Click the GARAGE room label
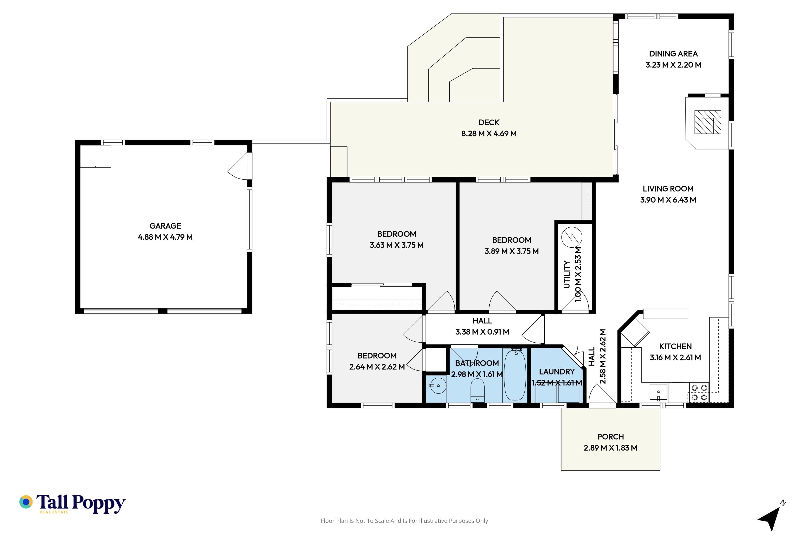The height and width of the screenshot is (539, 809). click(165, 226)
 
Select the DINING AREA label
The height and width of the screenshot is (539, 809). click(673, 54)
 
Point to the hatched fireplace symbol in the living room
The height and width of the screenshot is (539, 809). click(707, 122)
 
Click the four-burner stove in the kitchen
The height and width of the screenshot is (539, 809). click(699, 392)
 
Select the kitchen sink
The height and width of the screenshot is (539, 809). click(658, 392)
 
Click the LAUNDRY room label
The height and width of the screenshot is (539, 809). click(557, 372)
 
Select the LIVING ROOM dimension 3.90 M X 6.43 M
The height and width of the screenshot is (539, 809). click(668, 200)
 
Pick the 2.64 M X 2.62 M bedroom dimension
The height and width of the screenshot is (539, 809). click(377, 367)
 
